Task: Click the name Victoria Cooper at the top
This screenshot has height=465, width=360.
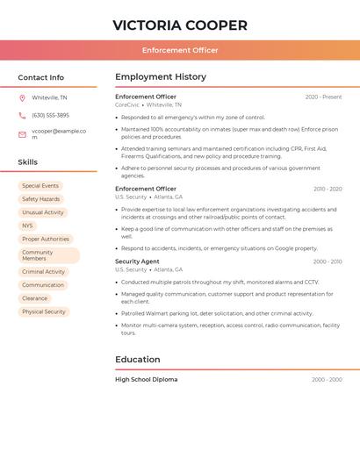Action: (x=180, y=25)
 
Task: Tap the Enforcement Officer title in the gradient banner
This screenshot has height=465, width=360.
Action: (x=180, y=50)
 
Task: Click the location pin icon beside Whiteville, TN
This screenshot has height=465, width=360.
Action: (x=22, y=97)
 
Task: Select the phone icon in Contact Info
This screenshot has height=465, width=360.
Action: (x=22, y=115)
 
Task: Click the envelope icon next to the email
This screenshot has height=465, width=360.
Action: (x=22, y=133)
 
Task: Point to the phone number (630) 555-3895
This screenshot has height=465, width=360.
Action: (x=50, y=115)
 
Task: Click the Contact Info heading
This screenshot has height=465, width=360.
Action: (x=40, y=77)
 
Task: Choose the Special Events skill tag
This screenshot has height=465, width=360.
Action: (x=40, y=186)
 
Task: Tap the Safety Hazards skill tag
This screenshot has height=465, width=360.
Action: (x=41, y=199)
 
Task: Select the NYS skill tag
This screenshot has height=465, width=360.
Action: (x=28, y=225)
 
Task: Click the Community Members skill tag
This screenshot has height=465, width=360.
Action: (x=48, y=255)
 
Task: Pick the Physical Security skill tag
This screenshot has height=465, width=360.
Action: (x=44, y=311)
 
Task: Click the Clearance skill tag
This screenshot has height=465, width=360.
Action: (x=35, y=298)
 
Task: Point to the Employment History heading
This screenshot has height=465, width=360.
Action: (x=161, y=76)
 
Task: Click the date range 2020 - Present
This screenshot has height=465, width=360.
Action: (x=323, y=97)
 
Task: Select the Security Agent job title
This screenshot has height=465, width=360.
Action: (x=137, y=261)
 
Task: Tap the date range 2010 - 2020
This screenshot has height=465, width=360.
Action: (x=327, y=189)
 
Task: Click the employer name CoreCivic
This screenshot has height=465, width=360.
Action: (x=126, y=105)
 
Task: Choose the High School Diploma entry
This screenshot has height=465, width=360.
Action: (x=146, y=380)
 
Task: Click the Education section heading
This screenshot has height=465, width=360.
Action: (x=138, y=360)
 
